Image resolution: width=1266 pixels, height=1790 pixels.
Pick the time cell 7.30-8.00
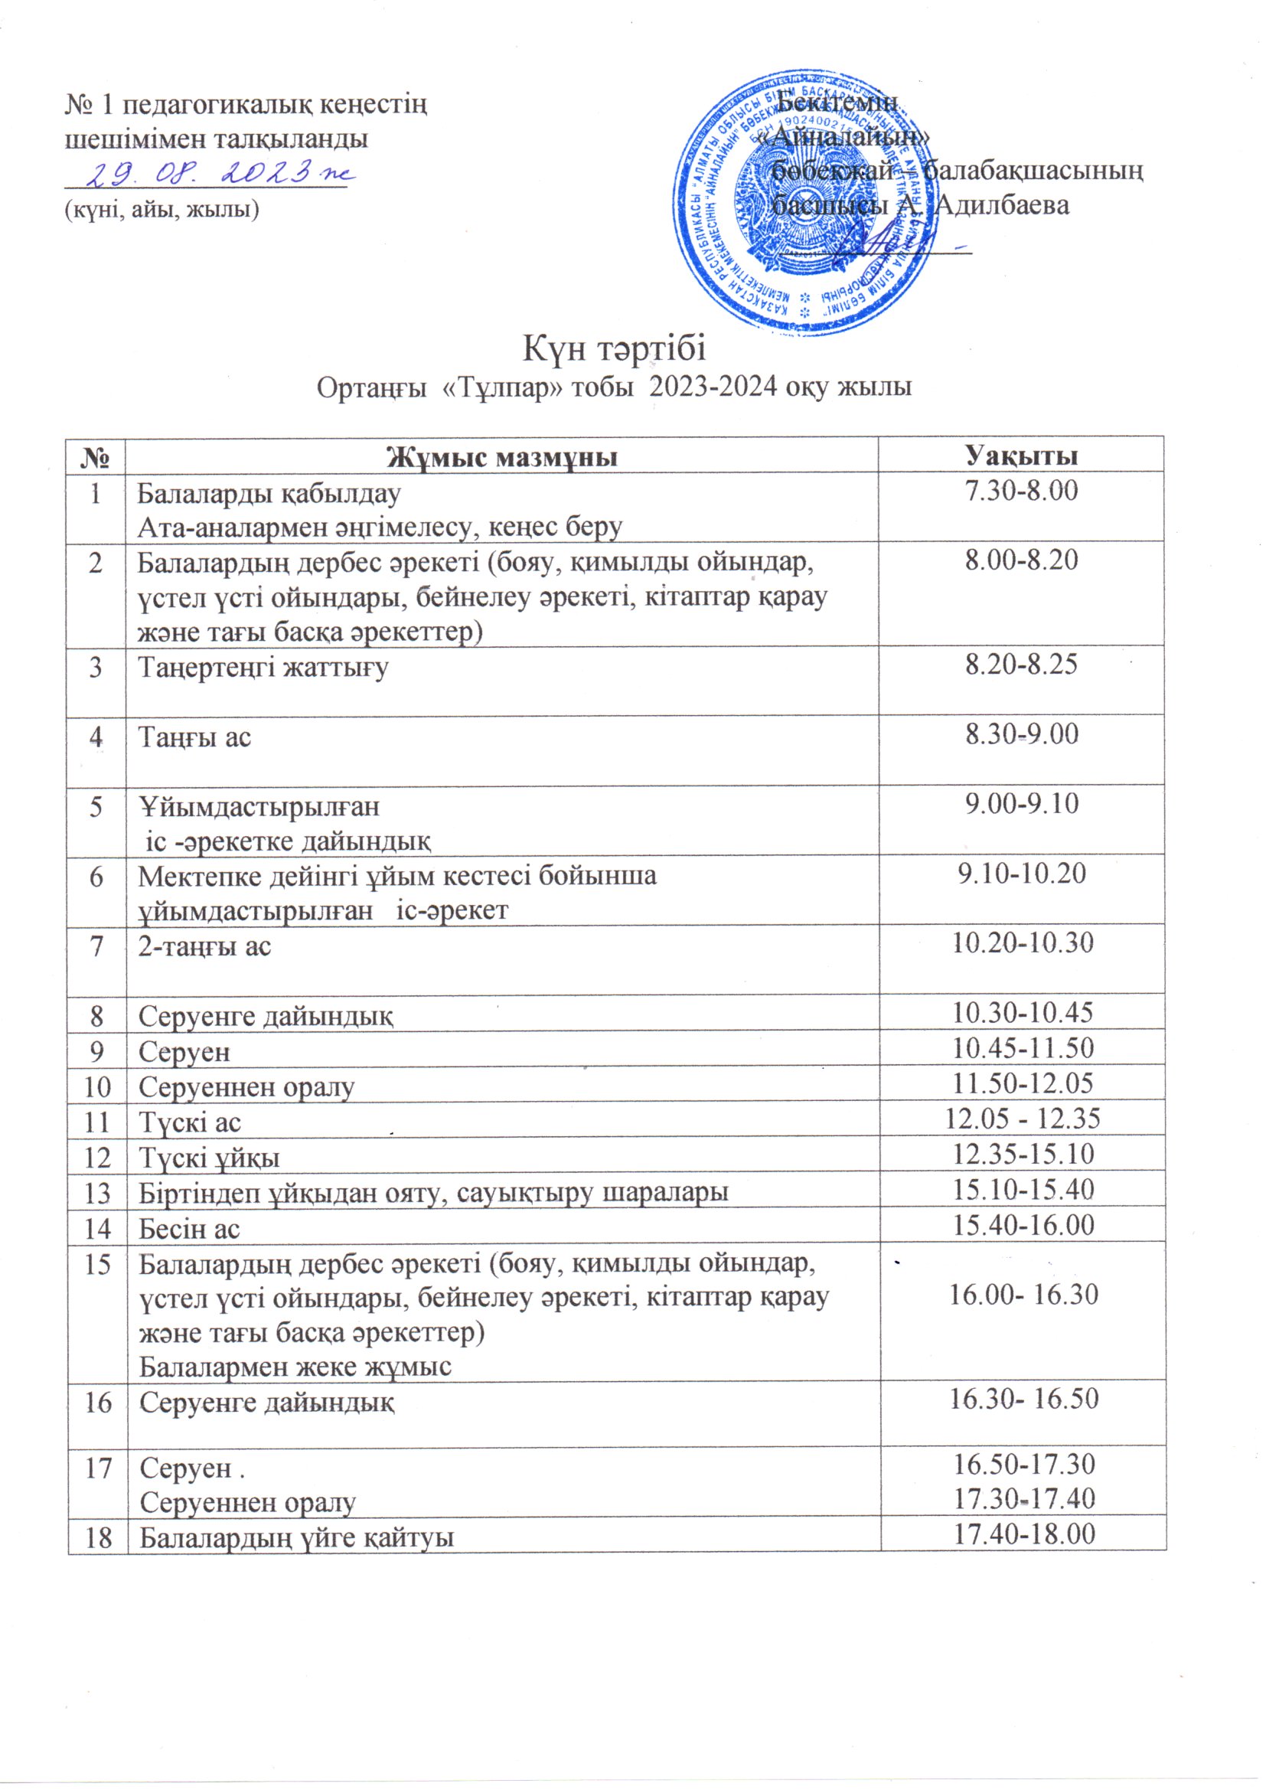pyautogui.click(x=1021, y=492)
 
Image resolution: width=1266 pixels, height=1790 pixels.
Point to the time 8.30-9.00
pyautogui.click(x=1021, y=734)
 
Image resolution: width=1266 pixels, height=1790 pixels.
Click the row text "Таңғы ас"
pyautogui.click(x=195, y=736)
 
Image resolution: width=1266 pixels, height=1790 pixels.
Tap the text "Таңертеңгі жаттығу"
pyautogui.click(x=263, y=668)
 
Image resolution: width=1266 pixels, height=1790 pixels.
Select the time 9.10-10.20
pyautogui.click(x=1021, y=874)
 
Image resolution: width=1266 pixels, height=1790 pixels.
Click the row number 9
pyautogui.click(x=96, y=1052)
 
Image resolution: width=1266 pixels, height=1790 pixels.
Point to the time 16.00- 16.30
pyautogui.click(x=1023, y=1295)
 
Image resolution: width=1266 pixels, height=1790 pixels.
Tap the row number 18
pyautogui.click(x=96, y=1536)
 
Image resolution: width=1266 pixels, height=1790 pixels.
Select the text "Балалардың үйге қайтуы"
pyautogui.click(x=296, y=1537)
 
